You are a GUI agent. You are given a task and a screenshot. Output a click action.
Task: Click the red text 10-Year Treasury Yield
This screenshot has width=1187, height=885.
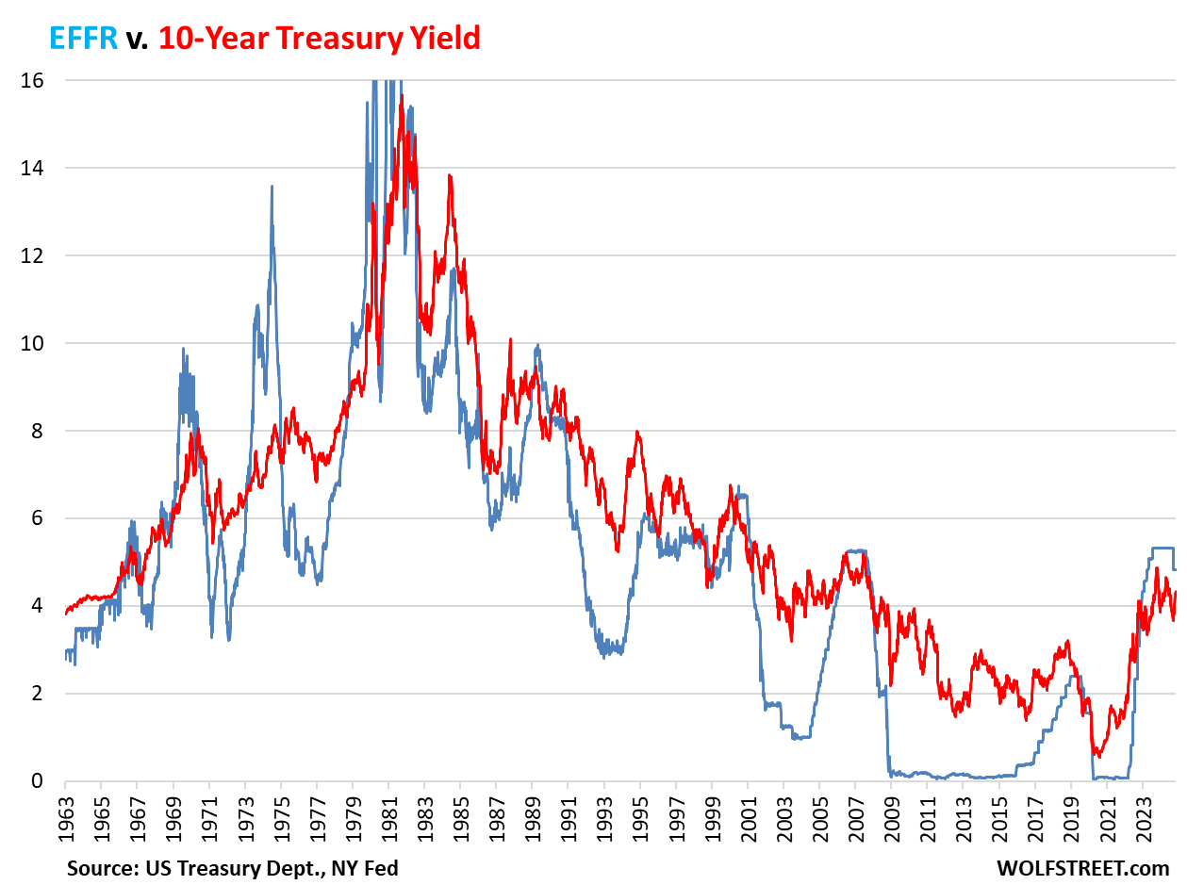[x=320, y=38]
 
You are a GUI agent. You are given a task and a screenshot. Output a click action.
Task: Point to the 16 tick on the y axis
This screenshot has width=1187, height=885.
[x=32, y=80]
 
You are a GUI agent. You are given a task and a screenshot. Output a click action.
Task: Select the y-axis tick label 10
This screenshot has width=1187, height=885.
[x=32, y=343]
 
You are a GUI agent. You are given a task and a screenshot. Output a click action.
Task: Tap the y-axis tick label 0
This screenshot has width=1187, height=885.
[x=37, y=780]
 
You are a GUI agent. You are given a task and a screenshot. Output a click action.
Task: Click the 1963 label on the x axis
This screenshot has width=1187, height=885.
[x=66, y=811]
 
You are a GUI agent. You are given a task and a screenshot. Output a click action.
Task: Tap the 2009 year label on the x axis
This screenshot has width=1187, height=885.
[x=891, y=811]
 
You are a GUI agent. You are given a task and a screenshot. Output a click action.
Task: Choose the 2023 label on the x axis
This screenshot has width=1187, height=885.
[x=1143, y=811]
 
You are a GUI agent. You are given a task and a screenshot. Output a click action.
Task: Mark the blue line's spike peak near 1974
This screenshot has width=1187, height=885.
[x=272, y=187]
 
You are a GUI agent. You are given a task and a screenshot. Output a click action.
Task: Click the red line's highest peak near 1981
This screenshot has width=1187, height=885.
[x=402, y=95]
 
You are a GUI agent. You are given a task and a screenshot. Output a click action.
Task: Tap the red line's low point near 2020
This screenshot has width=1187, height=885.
[x=1098, y=756]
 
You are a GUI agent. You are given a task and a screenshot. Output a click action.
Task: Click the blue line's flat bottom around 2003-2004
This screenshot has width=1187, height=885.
[x=802, y=737]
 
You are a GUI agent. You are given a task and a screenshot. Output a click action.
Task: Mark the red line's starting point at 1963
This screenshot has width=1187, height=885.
[x=66, y=614]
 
